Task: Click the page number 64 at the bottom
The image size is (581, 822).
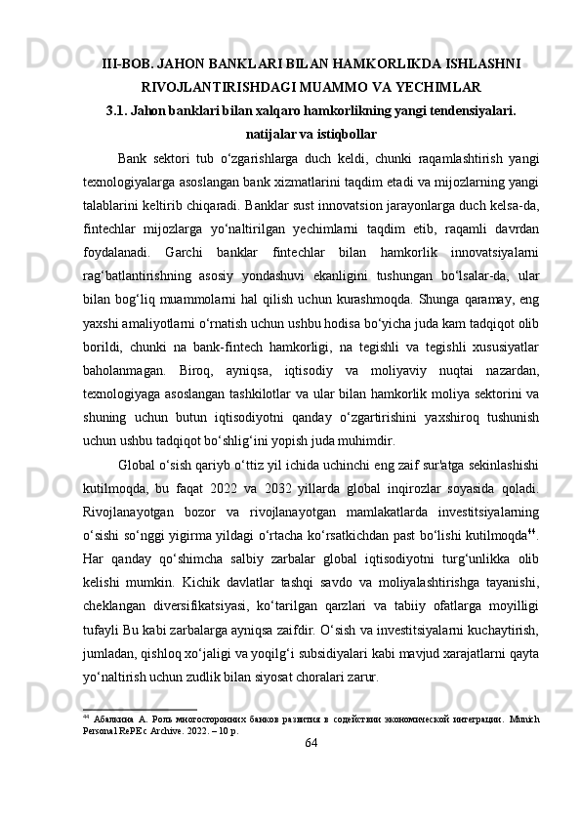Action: pos(311,772)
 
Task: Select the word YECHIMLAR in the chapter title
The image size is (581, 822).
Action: pos(430,87)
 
